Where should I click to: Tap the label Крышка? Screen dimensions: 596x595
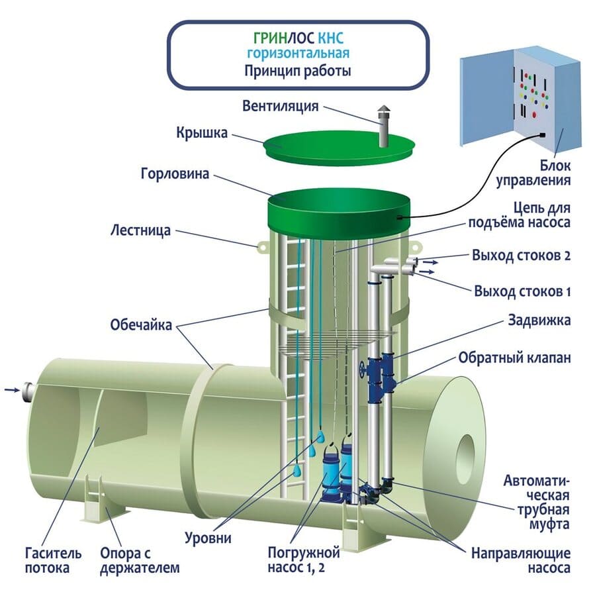pyautogui.click(x=202, y=133)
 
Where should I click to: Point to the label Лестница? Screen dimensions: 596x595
pyautogui.click(x=141, y=231)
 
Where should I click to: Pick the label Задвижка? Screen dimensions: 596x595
pyautogui.click(x=538, y=320)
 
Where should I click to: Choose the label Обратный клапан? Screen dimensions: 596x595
pyautogui.click(x=514, y=358)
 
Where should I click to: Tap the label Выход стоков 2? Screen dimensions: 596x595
pyautogui.click(x=522, y=256)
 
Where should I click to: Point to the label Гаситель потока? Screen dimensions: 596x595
pyautogui.click(x=54, y=560)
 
